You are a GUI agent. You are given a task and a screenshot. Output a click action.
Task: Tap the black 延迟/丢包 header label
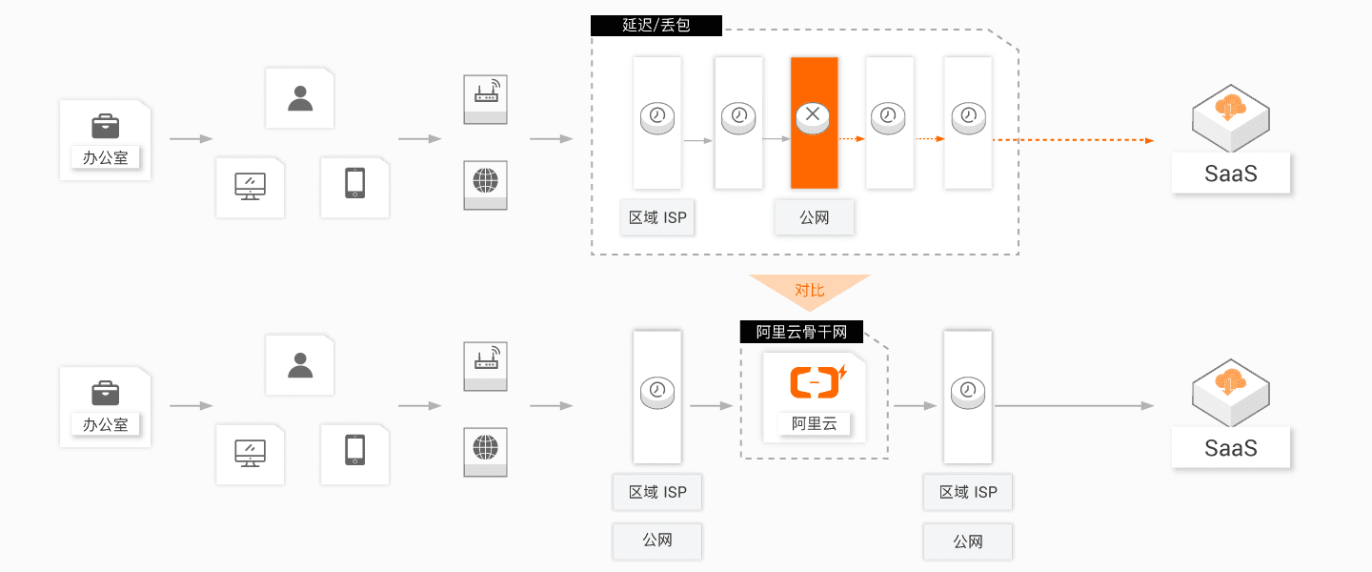coord(656,26)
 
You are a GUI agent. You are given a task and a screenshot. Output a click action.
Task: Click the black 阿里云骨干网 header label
coord(801,332)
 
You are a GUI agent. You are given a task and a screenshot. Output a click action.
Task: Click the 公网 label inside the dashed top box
coord(814,217)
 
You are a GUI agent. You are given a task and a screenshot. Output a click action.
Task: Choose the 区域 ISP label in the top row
coord(657,217)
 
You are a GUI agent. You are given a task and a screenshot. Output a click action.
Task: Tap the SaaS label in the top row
coord(1231,174)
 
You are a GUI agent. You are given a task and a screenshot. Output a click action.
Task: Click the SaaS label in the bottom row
coord(1231,448)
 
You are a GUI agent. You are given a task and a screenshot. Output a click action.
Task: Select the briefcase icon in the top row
coord(106,125)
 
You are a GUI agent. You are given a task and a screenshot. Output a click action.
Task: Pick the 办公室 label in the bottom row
coord(105,424)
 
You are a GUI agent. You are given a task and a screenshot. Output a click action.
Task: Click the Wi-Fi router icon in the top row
coord(486,93)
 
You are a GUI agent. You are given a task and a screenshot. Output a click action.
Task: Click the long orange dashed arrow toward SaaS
coord(1072,140)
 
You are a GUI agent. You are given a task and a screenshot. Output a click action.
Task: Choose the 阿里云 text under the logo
coord(815,424)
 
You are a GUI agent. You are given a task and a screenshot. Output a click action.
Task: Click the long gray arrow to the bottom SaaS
coord(1072,406)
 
